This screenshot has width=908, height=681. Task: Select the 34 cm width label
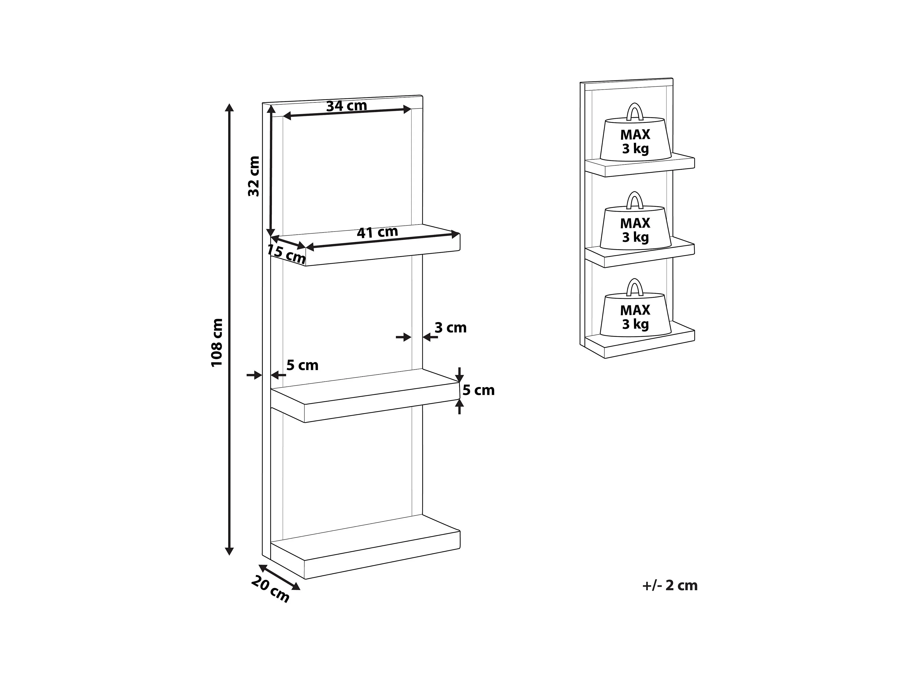coord(346,106)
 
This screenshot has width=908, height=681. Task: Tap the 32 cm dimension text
coord(254,176)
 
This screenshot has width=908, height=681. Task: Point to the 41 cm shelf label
coord(377,232)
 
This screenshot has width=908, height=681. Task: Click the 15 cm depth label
coord(286,254)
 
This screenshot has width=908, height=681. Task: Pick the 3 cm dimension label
coord(450,328)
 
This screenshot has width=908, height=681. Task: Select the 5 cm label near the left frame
coord(302,365)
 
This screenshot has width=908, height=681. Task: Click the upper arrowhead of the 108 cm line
coord(230,108)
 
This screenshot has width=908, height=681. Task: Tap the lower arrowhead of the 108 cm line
coord(230,551)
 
